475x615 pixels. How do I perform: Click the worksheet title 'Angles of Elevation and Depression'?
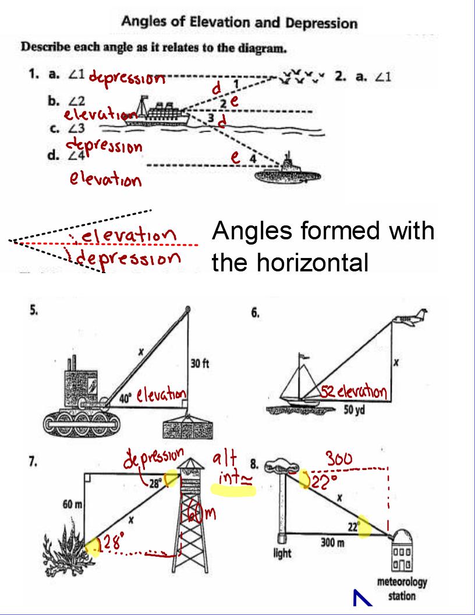click(239, 23)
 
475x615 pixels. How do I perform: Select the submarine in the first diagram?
click(288, 171)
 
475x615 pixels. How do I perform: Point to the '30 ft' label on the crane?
click(200, 364)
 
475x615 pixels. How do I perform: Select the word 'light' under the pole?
click(282, 553)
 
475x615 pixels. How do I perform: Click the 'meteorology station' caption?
click(402, 588)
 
